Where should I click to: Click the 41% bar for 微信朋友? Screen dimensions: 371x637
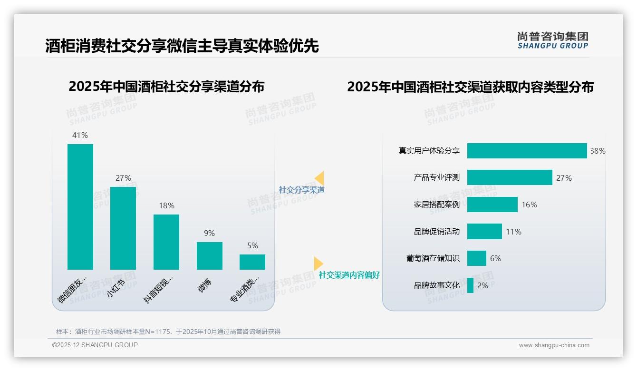pyautogui.click(x=80, y=207)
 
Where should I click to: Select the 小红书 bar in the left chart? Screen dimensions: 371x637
pyautogui.click(x=123, y=228)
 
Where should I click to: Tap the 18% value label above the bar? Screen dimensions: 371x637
pyautogui.click(x=166, y=205)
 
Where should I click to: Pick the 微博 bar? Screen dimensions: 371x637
pyautogui.click(x=210, y=256)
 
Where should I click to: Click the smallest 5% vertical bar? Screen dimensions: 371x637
pyautogui.click(x=252, y=262)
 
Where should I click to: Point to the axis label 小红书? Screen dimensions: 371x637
pyautogui.click(x=116, y=288)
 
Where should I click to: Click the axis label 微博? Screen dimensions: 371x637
pyautogui.click(x=204, y=285)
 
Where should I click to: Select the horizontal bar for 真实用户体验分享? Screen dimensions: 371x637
pyautogui.click(x=527, y=151)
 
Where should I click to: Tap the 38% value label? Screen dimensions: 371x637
pyautogui.click(x=598, y=151)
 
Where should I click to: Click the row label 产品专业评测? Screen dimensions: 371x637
pyautogui.click(x=436, y=177)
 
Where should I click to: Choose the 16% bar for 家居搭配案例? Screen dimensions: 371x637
pyautogui.click(x=492, y=205)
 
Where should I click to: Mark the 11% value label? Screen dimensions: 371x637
pyautogui.click(x=513, y=232)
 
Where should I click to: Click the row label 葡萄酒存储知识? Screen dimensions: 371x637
pyautogui.click(x=433, y=258)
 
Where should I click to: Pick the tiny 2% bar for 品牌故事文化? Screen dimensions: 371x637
pyautogui.click(x=470, y=285)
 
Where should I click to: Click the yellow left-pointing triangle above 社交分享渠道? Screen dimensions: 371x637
pyautogui.click(x=319, y=178)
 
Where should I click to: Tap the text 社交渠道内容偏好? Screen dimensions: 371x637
pyautogui.click(x=349, y=275)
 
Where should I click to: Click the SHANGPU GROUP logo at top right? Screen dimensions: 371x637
pyautogui.click(x=552, y=40)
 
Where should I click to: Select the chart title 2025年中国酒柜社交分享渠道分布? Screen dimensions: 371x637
pyautogui.click(x=166, y=87)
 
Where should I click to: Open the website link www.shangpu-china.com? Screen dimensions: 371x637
pyautogui.click(x=554, y=345)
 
